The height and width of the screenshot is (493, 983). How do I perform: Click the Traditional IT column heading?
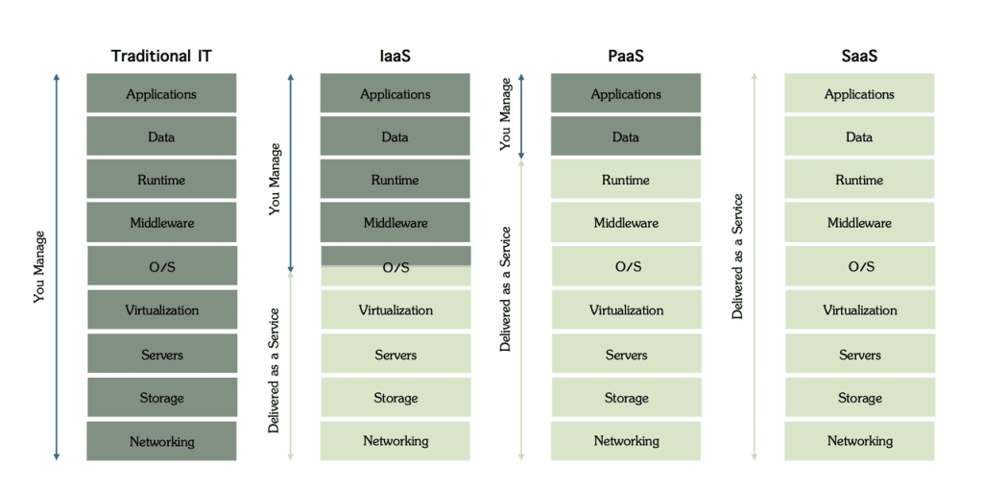(161, 56)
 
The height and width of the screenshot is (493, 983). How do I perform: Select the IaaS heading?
(395, 56)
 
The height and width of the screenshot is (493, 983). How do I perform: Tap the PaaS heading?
(625, 56)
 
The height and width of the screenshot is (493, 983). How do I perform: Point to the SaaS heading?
(859, 56)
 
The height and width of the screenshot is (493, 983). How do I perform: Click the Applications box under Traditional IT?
(161, 94)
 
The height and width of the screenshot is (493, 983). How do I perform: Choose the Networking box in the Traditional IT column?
(161, 441)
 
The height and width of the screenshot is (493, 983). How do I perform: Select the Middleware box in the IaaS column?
(395, 223)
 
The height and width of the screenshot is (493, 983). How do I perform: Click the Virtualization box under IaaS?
(395, 310)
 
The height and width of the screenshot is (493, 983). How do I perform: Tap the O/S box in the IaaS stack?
(395, 267)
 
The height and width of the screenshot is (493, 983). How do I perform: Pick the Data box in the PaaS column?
(625, 137)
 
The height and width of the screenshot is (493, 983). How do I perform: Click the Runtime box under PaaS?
(625, 180)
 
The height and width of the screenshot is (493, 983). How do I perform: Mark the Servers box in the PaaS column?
(625, 355)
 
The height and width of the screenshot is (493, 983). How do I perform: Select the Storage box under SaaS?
(859, 398)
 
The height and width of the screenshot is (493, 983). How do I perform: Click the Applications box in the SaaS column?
(859, 94)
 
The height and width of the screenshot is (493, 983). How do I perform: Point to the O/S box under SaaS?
(859, 267)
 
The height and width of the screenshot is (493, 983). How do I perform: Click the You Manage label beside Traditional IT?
(39, 266)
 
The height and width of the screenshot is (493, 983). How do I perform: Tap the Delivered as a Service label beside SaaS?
(738, 257)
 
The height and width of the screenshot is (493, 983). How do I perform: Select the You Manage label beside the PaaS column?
(506, 113)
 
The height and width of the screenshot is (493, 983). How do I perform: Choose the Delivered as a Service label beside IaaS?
(275, 370)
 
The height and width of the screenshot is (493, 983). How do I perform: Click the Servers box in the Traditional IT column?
(161, 355)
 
